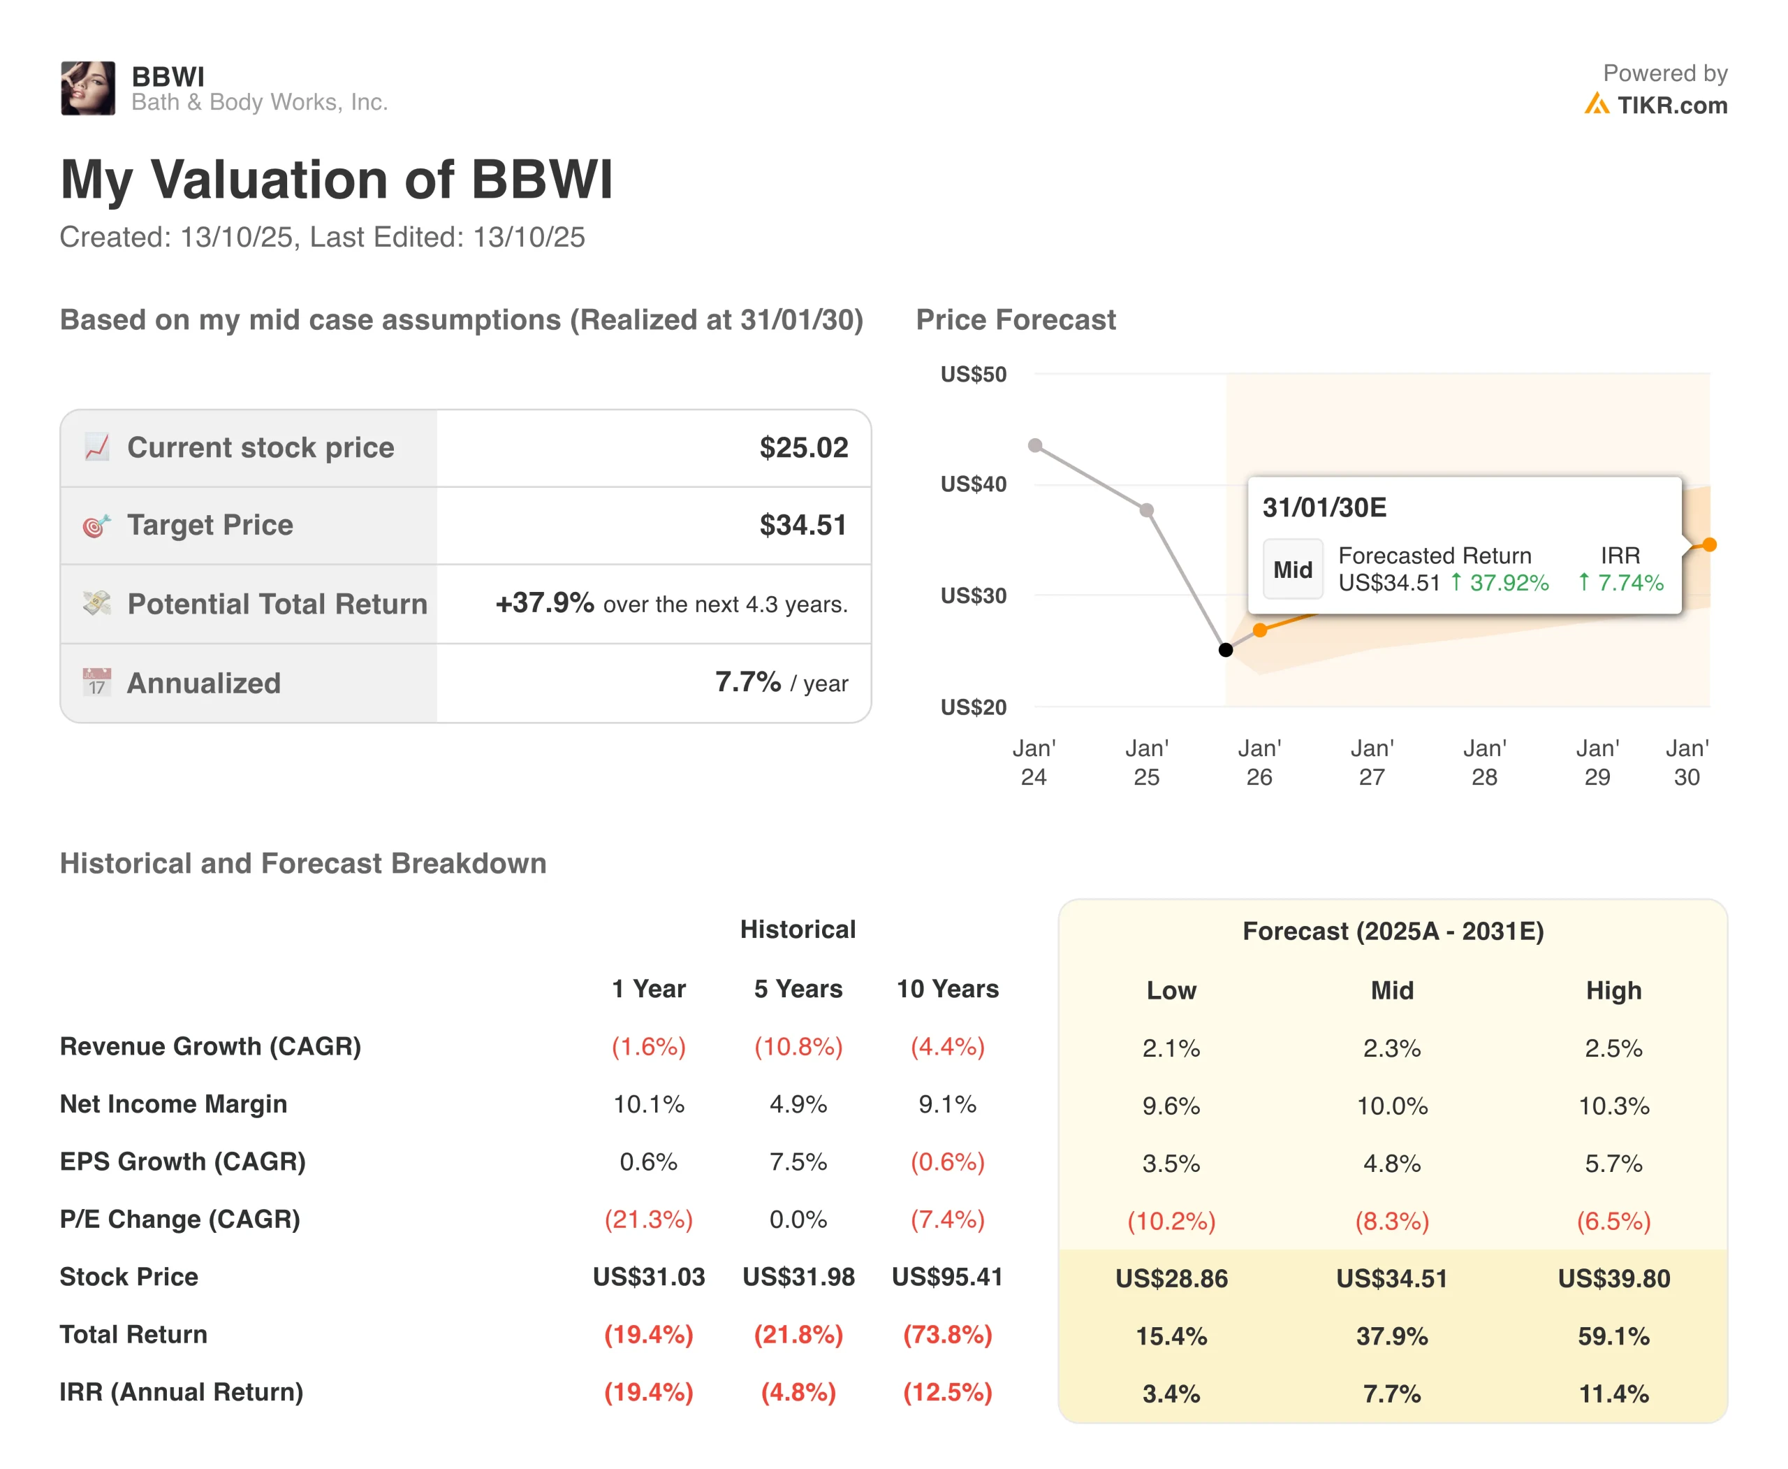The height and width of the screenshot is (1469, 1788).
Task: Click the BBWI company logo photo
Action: click(88, 88)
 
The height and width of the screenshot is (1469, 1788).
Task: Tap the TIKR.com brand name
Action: click(1671, 105)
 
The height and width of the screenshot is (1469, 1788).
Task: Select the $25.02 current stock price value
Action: click(803, 448)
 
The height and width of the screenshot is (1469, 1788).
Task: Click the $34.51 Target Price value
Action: click(803, 525)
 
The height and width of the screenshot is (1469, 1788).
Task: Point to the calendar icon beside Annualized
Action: click(97, 682)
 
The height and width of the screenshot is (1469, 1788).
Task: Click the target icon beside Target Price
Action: click(96, 526)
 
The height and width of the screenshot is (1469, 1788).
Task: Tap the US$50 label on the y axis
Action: click(974, 374)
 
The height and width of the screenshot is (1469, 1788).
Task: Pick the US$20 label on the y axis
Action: click(974, 707)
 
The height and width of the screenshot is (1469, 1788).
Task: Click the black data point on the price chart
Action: click(1226, 650)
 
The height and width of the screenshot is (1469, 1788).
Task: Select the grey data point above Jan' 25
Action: click(1146, 510)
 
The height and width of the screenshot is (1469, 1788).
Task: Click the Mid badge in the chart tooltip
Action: click(1292, 570)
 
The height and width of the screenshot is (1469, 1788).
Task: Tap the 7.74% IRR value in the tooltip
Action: click(1621, 582)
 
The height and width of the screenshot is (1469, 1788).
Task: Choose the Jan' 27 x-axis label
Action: click(1372, 762)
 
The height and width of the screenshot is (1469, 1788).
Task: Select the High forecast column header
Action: click(1613, 990)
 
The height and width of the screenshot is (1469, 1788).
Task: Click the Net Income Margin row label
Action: click(173, 1103)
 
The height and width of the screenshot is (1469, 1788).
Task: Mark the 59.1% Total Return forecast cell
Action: click(1613, 1336)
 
